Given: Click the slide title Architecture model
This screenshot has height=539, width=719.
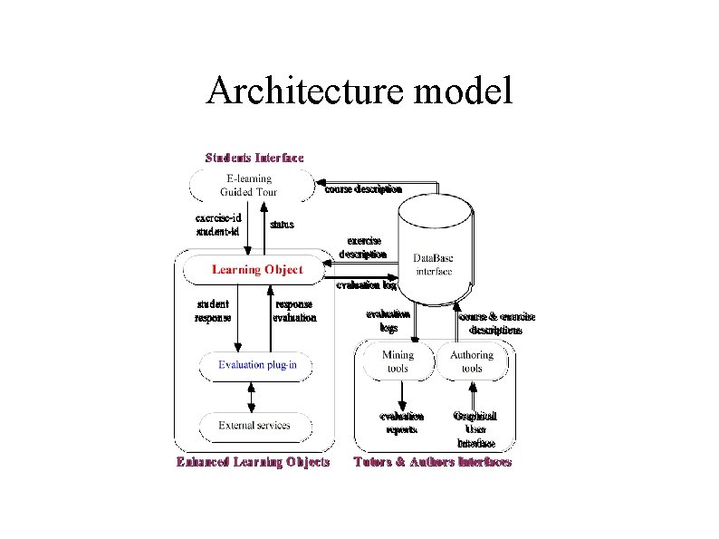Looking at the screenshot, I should (359, 91).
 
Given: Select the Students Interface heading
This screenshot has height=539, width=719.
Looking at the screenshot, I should (254, 157).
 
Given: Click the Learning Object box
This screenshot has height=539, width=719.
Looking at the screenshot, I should (257, 269).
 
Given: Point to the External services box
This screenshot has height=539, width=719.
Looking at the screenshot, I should (254, 425).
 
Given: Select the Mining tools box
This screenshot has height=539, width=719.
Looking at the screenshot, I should (397, 361).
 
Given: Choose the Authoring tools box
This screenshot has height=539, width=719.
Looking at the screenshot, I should (471, 361).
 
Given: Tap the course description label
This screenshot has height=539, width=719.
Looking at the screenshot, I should (363, 189).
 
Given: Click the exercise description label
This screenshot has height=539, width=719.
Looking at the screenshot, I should (362, 247).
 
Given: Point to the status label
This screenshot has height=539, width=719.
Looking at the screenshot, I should (282, 224).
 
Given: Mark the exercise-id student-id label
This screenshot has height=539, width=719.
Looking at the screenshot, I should (217, 225).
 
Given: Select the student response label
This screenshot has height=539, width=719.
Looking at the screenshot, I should (213, 311).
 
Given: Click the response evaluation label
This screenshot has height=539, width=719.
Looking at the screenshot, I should (294, 311).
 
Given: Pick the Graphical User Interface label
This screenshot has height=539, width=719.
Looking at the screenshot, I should (475, 429).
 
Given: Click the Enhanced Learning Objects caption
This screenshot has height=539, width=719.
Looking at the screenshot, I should (253, 462).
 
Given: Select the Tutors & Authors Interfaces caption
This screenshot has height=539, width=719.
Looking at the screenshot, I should (432, 462).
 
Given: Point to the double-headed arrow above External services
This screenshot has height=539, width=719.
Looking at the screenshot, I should (252, 396).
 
